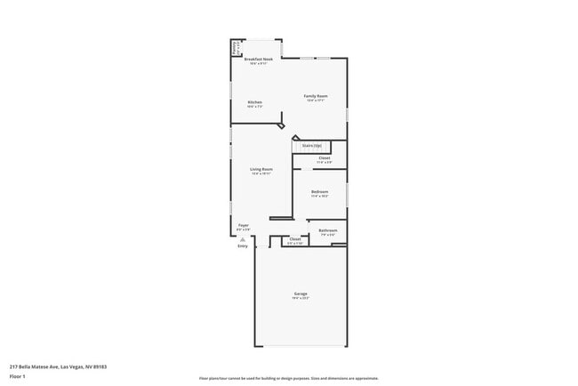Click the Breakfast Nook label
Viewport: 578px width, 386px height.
tap(258, 60)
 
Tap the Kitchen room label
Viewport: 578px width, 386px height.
tap(254, 102)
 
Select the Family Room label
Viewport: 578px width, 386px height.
tap(316, 96)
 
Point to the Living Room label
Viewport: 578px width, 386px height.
tap(261, 169)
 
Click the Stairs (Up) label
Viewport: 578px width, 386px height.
tap(311, 145)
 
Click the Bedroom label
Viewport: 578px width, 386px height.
tap(320, 192)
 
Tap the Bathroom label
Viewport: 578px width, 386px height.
tap(328, 230)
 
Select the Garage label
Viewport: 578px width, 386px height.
tap(301, 294)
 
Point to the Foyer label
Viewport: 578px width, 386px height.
tap(243, 226)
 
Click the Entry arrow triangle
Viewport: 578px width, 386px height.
tap(243, 238)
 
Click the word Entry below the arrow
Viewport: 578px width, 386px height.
tap(243, 246)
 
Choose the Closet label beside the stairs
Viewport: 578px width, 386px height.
tap(325, 158)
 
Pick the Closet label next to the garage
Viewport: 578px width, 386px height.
tap(295, 238)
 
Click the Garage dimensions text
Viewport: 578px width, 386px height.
tap(301, 298)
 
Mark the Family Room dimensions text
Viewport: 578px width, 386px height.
tap(316, 101)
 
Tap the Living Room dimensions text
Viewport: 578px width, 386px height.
tap(261, 173)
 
